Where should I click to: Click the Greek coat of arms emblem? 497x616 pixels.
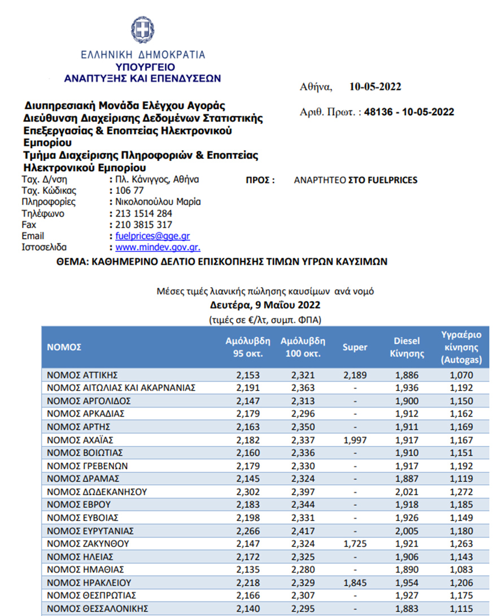(142, 29)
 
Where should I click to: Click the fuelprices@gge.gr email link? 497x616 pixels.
(156, 236)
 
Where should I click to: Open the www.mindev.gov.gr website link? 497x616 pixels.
(158, 247)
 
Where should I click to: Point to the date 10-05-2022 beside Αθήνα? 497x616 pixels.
(375, 87)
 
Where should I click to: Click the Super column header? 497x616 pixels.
(355, 347)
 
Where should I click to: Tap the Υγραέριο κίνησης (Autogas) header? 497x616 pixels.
(460, 347)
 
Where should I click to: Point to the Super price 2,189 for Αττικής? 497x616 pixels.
(355, 375)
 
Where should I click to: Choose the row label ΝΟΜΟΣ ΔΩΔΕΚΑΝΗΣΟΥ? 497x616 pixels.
(95, 492)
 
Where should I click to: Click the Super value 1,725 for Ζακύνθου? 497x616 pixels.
(355, 544)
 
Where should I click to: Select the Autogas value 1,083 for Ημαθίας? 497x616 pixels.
(460, 570)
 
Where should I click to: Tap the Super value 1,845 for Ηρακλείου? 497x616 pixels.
(355, 583)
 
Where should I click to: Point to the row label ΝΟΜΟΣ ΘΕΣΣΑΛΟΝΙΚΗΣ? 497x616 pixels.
(97, 609)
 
